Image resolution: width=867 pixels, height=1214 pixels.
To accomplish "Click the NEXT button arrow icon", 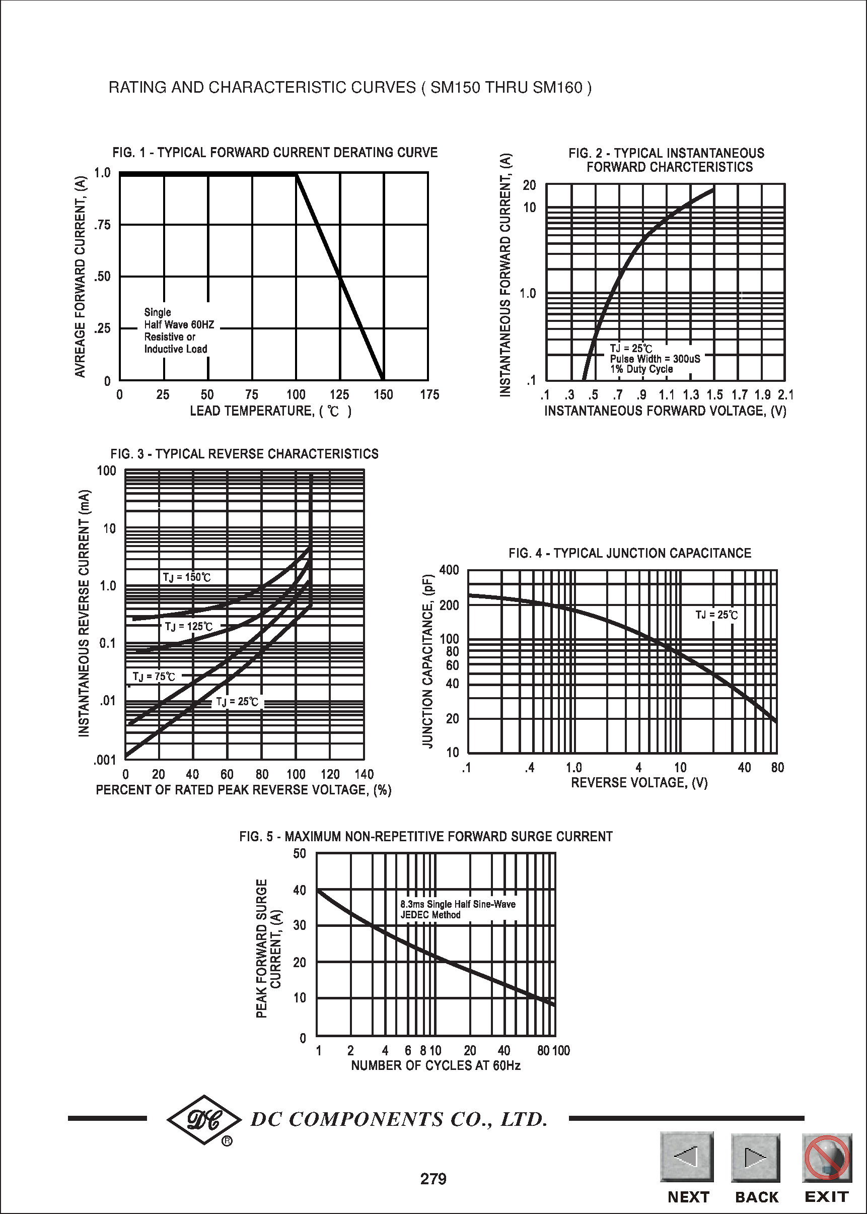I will coord(687,1157).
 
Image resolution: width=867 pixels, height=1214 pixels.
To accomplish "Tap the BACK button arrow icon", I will coord(755,1158).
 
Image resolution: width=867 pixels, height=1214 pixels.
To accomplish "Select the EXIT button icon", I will coord(826,1158).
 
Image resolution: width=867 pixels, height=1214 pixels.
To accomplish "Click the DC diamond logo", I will coord(204,1119).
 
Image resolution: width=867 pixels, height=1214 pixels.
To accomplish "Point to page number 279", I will coord(433,1179).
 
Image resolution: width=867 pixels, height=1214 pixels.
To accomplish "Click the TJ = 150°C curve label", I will coord(187,577).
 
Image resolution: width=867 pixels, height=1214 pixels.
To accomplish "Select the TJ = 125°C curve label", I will coord(188,627).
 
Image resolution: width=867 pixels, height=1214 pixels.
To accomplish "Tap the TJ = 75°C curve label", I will coord(154,677).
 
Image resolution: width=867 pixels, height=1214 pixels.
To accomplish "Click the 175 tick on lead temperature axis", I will coord(429,395).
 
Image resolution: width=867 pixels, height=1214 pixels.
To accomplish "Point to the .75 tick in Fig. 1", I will coord(103,225).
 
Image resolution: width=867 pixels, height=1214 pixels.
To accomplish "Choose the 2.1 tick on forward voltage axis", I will coord(785,395).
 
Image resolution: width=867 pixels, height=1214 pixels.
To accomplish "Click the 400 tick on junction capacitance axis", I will coord(449,570).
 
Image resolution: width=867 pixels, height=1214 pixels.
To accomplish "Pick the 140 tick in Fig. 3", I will coord(364,774).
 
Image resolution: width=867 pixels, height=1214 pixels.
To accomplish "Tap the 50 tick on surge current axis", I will coord(300,853).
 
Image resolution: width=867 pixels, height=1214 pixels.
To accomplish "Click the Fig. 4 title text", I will coord(629,553).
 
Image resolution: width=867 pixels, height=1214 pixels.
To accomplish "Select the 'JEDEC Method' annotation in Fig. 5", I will coord(430,915).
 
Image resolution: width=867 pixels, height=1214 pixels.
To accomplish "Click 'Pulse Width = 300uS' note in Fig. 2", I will coord(655,359).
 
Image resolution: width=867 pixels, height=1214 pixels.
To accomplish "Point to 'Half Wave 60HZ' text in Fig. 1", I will coord(179,325).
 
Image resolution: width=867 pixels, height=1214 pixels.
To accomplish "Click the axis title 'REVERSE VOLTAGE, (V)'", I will coord(639,782).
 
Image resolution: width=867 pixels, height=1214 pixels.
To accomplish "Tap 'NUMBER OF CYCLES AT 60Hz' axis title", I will coord(436,1065).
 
